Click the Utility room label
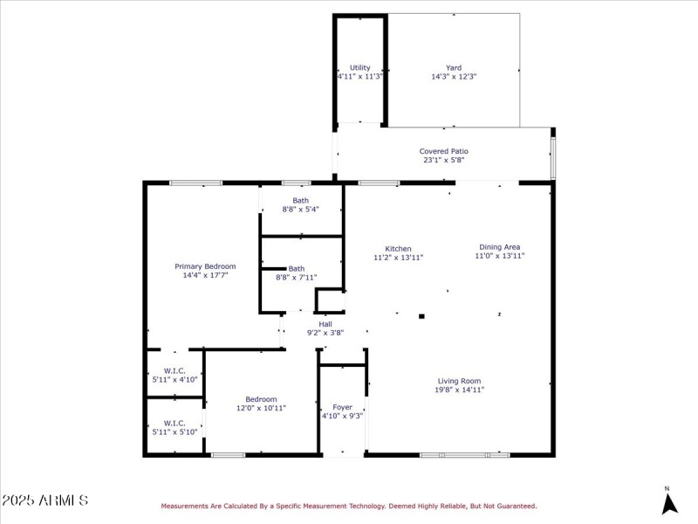(360, 67)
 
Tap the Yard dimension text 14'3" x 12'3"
(454, 77)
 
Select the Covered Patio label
(444, 151)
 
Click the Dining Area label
(499, 246)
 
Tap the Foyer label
(343, 408)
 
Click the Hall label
(325, 324)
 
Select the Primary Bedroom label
(205, 266)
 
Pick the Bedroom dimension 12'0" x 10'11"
(261, 408)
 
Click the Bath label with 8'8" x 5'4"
(301, 201)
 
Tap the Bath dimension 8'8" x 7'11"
(297, 278)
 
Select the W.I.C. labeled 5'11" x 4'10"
(174, 380)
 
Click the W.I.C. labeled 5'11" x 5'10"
(174, 431)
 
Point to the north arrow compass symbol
(668, 503)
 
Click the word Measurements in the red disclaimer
(185, 506)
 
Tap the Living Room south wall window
(464, 454)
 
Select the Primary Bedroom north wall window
(195, 183)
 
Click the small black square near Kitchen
(421, 316)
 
